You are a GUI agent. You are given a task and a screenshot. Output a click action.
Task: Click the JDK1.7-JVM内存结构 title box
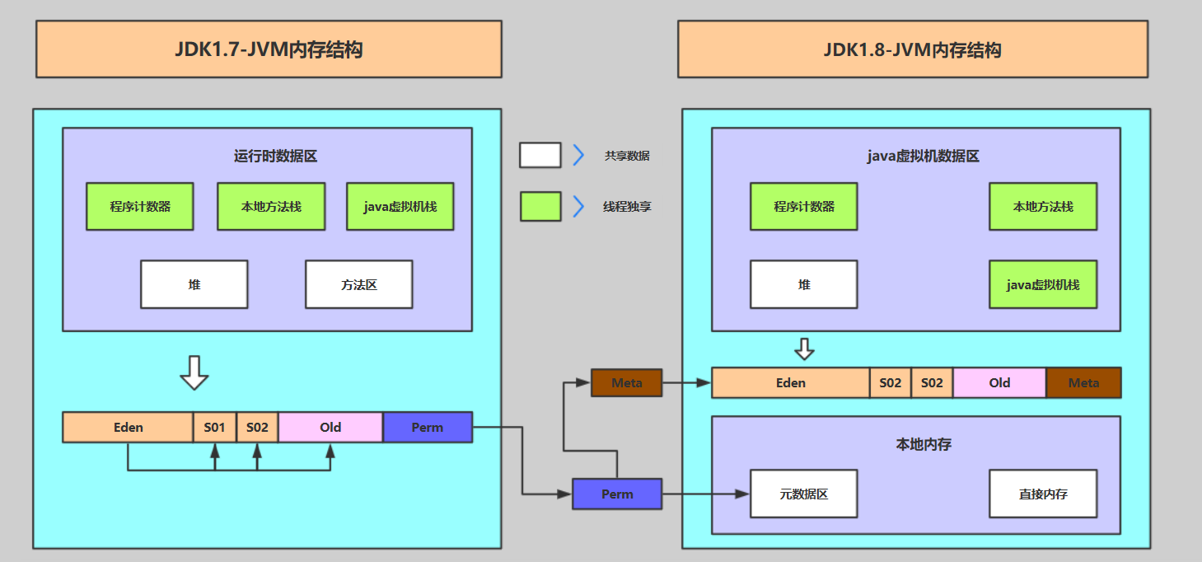(269, 49)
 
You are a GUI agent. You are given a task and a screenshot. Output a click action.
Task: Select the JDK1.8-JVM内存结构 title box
(912, 49)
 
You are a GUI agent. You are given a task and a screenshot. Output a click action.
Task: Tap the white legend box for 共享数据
(540, 155)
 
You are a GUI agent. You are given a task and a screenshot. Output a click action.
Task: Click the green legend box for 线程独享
(540, 206)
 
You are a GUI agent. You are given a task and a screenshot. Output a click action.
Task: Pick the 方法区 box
(358, 284)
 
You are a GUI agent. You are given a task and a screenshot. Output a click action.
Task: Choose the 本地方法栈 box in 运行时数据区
(271, 206)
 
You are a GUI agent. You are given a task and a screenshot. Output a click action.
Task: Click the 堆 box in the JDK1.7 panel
(194, 284)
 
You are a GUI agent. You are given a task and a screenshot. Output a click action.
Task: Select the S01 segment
(214, 427)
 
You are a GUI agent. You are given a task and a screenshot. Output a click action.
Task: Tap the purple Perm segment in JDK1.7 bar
(427, 427)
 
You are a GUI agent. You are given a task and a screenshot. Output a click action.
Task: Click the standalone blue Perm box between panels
(617, 494)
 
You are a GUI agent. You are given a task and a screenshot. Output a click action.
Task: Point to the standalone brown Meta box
(626, 382)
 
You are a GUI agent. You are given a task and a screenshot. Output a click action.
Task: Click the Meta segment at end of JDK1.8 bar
(1083, 382)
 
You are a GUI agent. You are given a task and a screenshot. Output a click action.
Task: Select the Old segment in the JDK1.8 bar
(999, 382)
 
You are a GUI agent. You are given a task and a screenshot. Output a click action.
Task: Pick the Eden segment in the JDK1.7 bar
(128, 427)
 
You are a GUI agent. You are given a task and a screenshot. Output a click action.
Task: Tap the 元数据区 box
(803, 494)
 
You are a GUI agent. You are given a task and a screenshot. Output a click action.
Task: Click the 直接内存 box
(1042, 494)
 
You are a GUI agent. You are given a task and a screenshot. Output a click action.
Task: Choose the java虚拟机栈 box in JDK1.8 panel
(1042, 284)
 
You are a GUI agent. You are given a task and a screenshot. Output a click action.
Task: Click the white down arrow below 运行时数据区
(194, 372)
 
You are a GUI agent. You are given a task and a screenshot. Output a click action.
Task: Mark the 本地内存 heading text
(923, 444)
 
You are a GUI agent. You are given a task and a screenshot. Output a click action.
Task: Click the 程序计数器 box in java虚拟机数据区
(803, 206)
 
